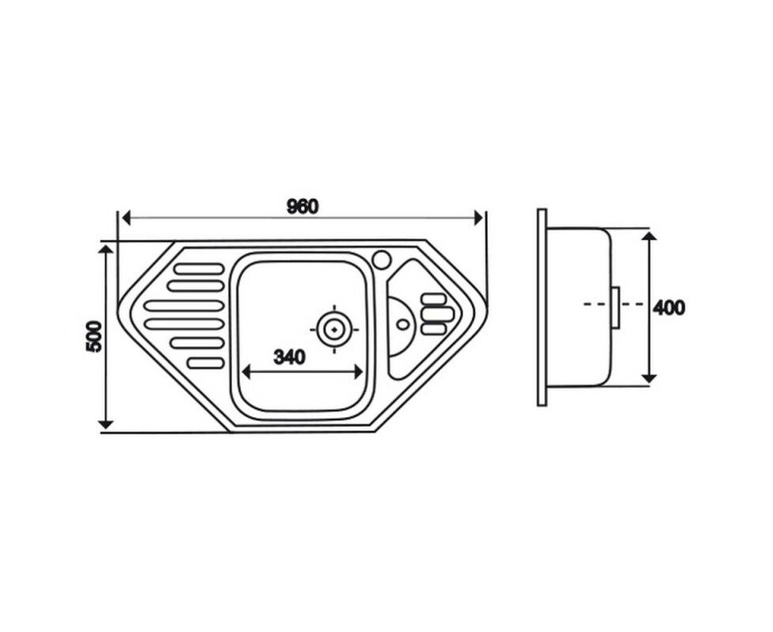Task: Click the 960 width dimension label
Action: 302,207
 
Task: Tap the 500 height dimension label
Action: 94,337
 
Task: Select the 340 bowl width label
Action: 289,357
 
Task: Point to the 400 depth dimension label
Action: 669,308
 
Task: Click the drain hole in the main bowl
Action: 334,329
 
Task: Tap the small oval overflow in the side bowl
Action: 403,325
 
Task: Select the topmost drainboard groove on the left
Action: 199,269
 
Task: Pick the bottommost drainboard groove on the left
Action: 206,363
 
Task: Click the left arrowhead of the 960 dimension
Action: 126,217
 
